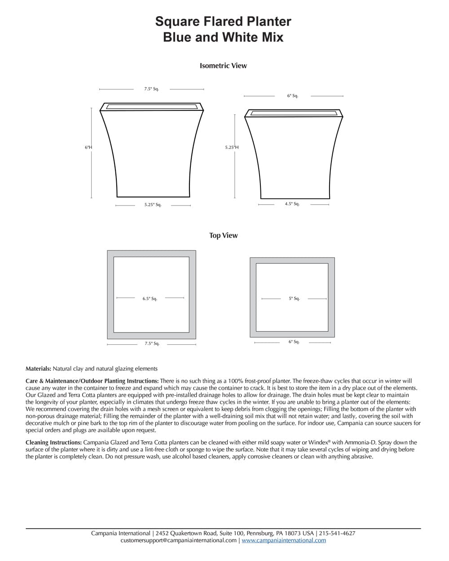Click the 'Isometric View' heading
[223, 66]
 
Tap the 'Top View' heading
[223, 235]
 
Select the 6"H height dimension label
[88, 147]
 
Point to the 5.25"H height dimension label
[232, 147]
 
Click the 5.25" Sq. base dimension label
[153, 205]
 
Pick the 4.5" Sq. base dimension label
[292, 204]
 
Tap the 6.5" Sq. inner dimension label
[150, 298]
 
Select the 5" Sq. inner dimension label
[294, 298]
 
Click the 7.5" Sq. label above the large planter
[151, 89]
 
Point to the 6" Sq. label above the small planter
[293, 96]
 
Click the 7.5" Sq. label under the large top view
[152, 343]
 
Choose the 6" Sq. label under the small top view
[294, 342]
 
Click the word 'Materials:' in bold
[38, 369]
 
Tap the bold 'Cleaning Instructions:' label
[53, 443]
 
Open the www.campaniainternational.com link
[284, 540]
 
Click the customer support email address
[178, 540]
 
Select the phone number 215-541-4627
[337, 533]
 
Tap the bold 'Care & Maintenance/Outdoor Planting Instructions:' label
[92, 381]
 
